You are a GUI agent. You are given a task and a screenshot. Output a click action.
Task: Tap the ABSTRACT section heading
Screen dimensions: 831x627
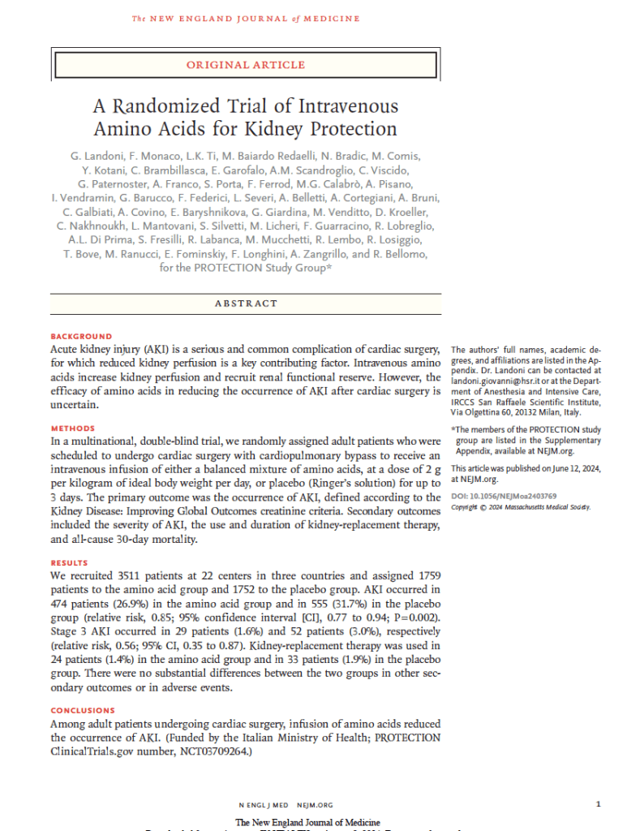pos(246,304)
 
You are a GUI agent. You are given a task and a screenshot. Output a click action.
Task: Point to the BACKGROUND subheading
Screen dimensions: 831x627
pos(81,336)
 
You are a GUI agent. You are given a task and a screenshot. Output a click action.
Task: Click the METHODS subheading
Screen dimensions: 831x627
pos(73,428)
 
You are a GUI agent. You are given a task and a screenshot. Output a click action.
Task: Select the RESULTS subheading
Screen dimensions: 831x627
pos(70,562)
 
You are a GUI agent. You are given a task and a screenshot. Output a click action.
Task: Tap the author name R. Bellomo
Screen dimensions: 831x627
pos(397,254)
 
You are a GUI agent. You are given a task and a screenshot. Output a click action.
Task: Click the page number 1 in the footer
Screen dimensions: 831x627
pos(598,804)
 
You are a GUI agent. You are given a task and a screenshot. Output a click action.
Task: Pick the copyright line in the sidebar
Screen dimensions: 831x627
pos(521,507)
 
